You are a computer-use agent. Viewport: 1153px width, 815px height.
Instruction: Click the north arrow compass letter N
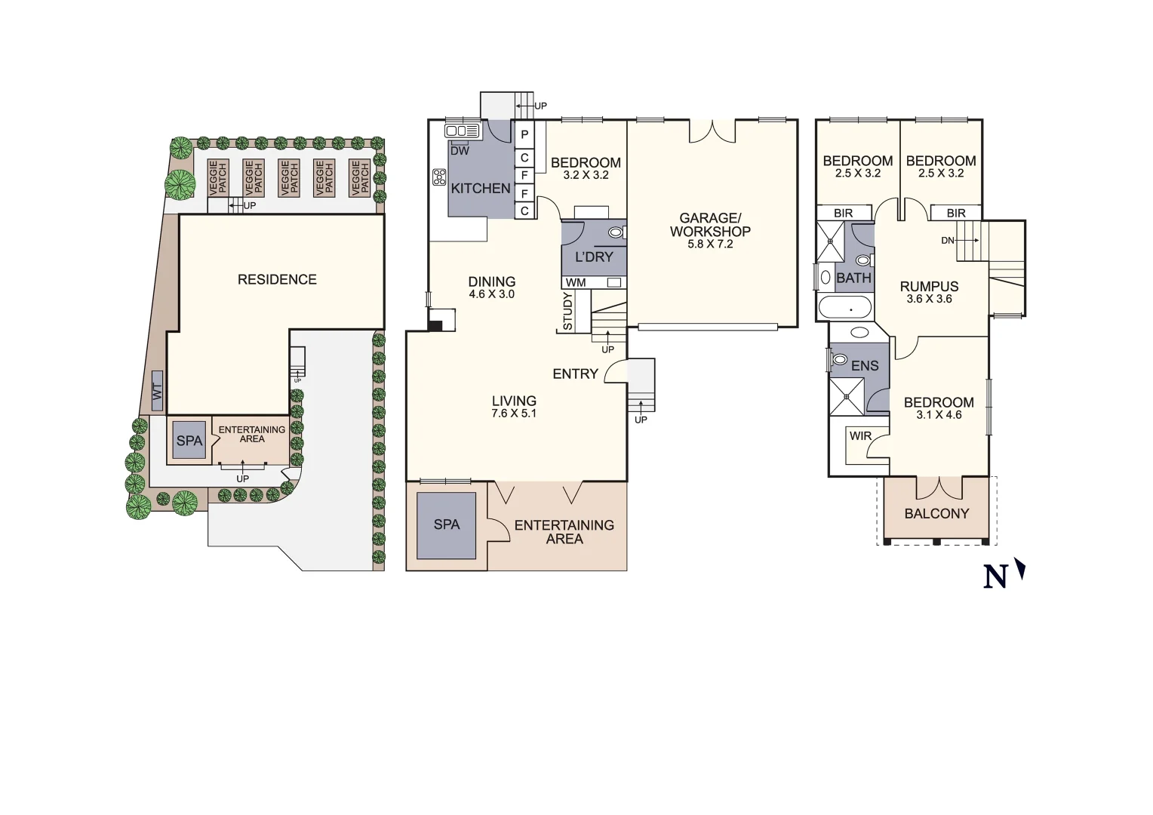tap(996, 577)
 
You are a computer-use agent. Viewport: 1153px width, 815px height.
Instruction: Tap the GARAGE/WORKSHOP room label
tap(710, 225)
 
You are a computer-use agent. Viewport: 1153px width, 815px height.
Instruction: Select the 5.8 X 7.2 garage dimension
tap(710, 244)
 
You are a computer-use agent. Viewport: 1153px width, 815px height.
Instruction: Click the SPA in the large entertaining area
tap(446, 524)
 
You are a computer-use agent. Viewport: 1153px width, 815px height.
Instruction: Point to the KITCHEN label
tap(481, 189)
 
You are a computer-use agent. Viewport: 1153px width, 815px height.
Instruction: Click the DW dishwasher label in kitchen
tap(460, 151)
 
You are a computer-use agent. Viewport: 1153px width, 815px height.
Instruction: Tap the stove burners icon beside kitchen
tap(439, 177)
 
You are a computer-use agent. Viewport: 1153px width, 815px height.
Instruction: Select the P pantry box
tap(524, 134)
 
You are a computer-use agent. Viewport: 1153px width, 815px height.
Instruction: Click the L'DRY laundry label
tap(594, 257)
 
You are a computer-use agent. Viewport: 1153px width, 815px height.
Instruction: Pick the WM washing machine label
tap(576, 283)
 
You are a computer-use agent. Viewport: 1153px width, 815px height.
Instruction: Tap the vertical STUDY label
tap(568, 312)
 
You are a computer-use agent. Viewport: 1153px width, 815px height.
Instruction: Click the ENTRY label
tap(575, 374)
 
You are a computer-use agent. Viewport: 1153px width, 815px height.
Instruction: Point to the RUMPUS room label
tap(929, 287)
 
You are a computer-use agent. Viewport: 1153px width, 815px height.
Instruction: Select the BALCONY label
tap(936, 514)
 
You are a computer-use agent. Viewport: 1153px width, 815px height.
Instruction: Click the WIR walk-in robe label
tap(860, 436)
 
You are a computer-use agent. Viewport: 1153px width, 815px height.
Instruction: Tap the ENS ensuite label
tap(865, 366)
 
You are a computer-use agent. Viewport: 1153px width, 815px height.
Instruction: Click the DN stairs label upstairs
tap(948, 241)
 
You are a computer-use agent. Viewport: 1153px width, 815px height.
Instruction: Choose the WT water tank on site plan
tap(157, 392)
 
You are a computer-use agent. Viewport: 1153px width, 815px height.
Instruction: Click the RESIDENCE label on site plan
tap(277, 280)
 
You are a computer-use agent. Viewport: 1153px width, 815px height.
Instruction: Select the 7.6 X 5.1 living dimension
tap(514, 414)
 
